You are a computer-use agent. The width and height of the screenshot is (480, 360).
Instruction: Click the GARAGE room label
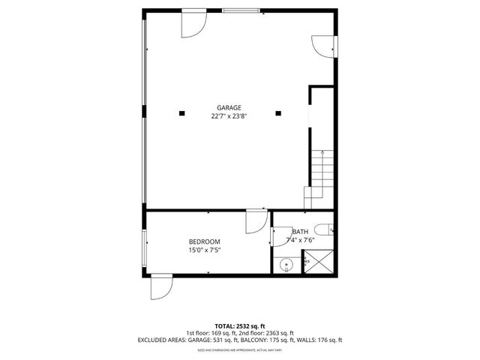click(x=229, y=107)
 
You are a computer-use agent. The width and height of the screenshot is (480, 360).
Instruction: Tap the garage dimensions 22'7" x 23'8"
click(x=229, y=116)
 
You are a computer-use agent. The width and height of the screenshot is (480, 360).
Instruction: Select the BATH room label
click(x=300, y=232)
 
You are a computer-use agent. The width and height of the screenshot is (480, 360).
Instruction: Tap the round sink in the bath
click(x=286, y=265)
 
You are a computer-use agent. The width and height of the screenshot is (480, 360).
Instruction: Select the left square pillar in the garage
click(x=181, y=114)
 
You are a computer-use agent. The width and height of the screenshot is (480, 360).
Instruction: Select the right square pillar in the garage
click(x=278, y=114)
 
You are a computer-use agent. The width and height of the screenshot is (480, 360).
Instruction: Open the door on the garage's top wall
click(x=193, y=23)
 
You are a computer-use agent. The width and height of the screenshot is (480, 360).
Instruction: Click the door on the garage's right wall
click(x=323, y=45)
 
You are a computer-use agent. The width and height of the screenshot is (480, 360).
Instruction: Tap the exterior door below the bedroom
click(x=161, y=287)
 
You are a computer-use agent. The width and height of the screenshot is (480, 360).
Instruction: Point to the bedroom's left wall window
click(x=145, y=247)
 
